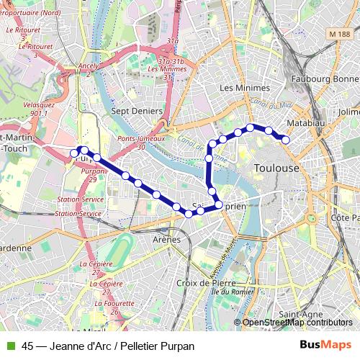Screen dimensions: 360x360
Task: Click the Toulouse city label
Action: pos(276,167)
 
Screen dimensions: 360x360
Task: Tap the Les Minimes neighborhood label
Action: pos(244,88)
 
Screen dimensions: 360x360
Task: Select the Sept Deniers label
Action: pos(137,111)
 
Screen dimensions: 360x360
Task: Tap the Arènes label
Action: pos(166,239)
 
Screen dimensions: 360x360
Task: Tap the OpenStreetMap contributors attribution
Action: pos(297,323)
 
